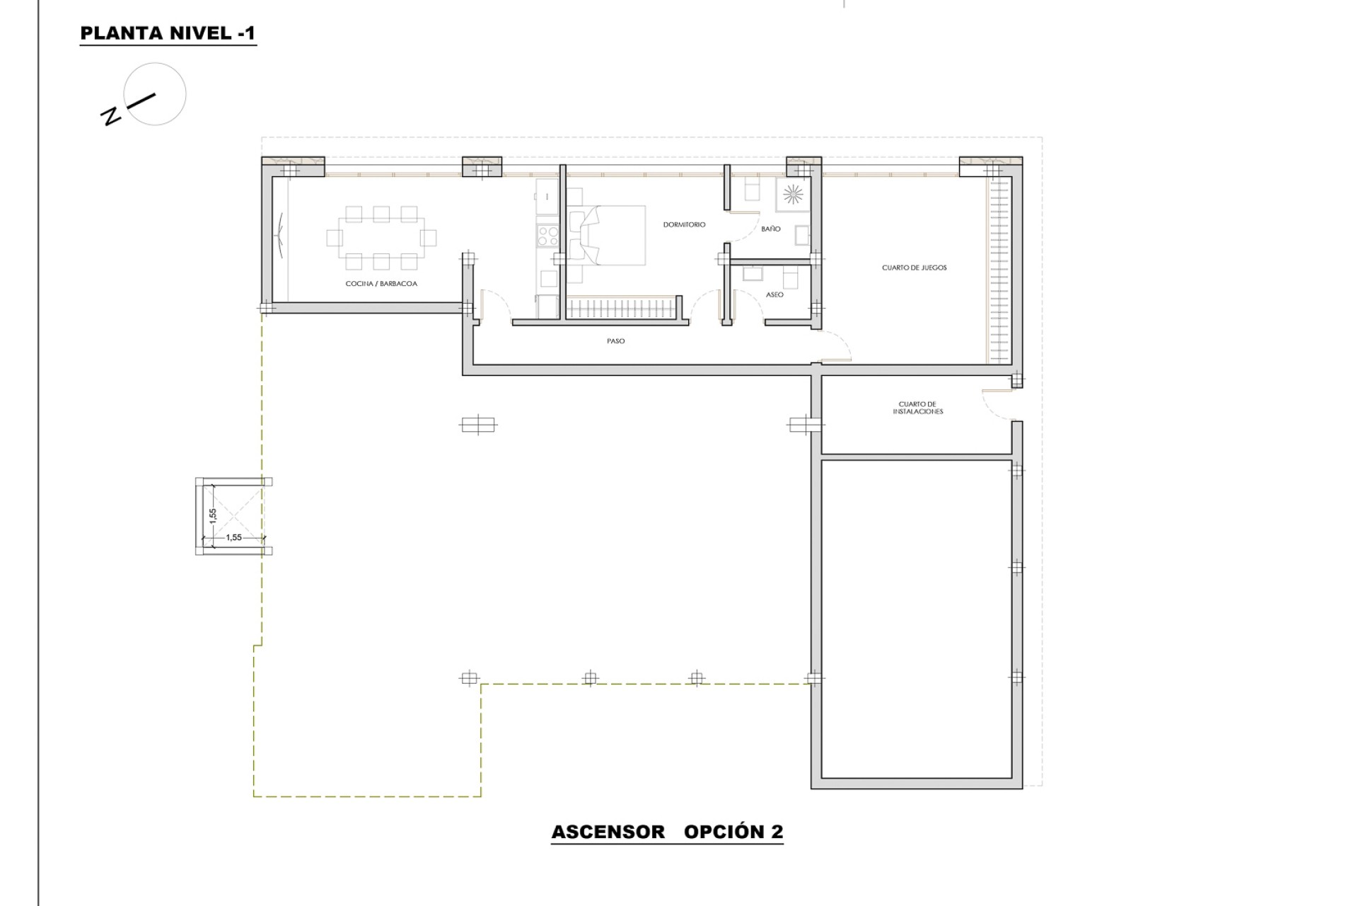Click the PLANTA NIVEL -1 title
[x=168, y=33]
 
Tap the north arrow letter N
[x=111, y=116]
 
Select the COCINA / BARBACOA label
[x=381, y=284]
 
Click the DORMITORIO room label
[x=684, y=224]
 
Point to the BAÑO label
[x=771, y=229]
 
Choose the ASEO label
[x=774, y=294]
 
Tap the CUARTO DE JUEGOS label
[x=914, y=268]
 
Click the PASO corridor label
[x=615, y=341]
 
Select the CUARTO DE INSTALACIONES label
[x=917, y=408]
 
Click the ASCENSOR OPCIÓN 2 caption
[x=667, y=832]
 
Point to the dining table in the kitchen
[x=381, y=238]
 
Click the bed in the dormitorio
[x=613, y=236]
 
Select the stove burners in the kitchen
[x=547, y=235]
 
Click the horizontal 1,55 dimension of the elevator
[x=234, y=537]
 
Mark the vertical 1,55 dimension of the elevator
[x=212, y=515]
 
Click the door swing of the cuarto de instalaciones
[x=996, y=405]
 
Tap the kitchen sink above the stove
[x=547, y=196]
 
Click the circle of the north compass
[x=155, y=94]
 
